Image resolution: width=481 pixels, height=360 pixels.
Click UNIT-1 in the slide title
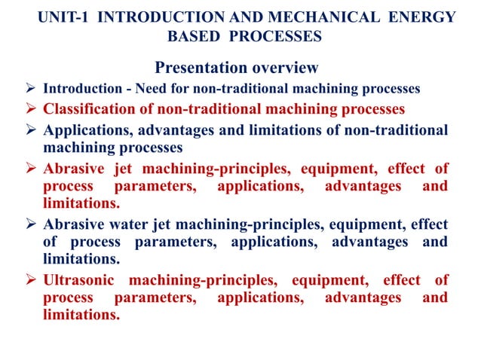click(x=63, y=17)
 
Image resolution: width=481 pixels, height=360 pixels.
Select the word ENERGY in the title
click(x=424, y=17)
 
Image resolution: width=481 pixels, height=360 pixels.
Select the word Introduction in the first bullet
click(x=78, y=89)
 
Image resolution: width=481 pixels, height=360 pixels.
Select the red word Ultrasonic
click(x=81, y=281)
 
